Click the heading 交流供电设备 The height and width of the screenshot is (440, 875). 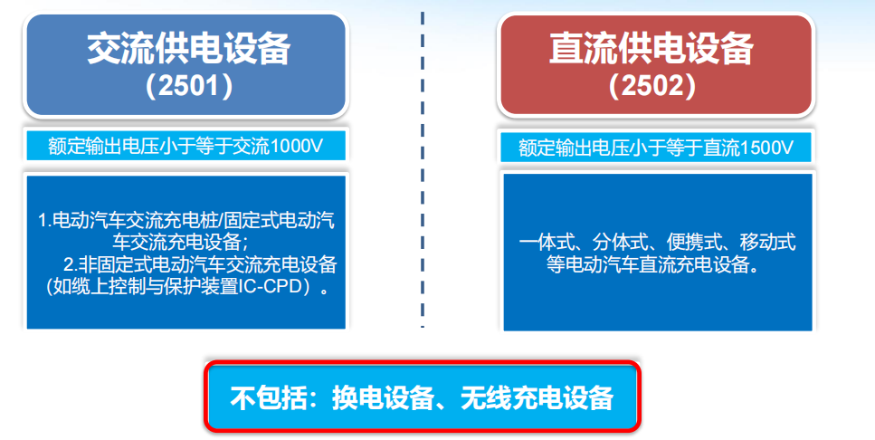point(188,49)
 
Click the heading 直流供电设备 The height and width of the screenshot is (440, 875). point(651,49)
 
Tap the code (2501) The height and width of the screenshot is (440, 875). point(188,86)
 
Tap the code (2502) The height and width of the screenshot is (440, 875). point(651,86)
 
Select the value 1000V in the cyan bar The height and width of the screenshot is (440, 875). point(296,147)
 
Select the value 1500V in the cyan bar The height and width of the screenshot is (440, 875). point(766,148)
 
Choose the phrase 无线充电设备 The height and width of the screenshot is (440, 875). point(537,397)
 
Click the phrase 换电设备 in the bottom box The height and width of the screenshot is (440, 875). point(383,397)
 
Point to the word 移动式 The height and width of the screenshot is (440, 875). point(767,243)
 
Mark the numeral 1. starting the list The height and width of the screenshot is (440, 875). point(44,220)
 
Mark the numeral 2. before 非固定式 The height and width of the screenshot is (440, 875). point(70,264)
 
